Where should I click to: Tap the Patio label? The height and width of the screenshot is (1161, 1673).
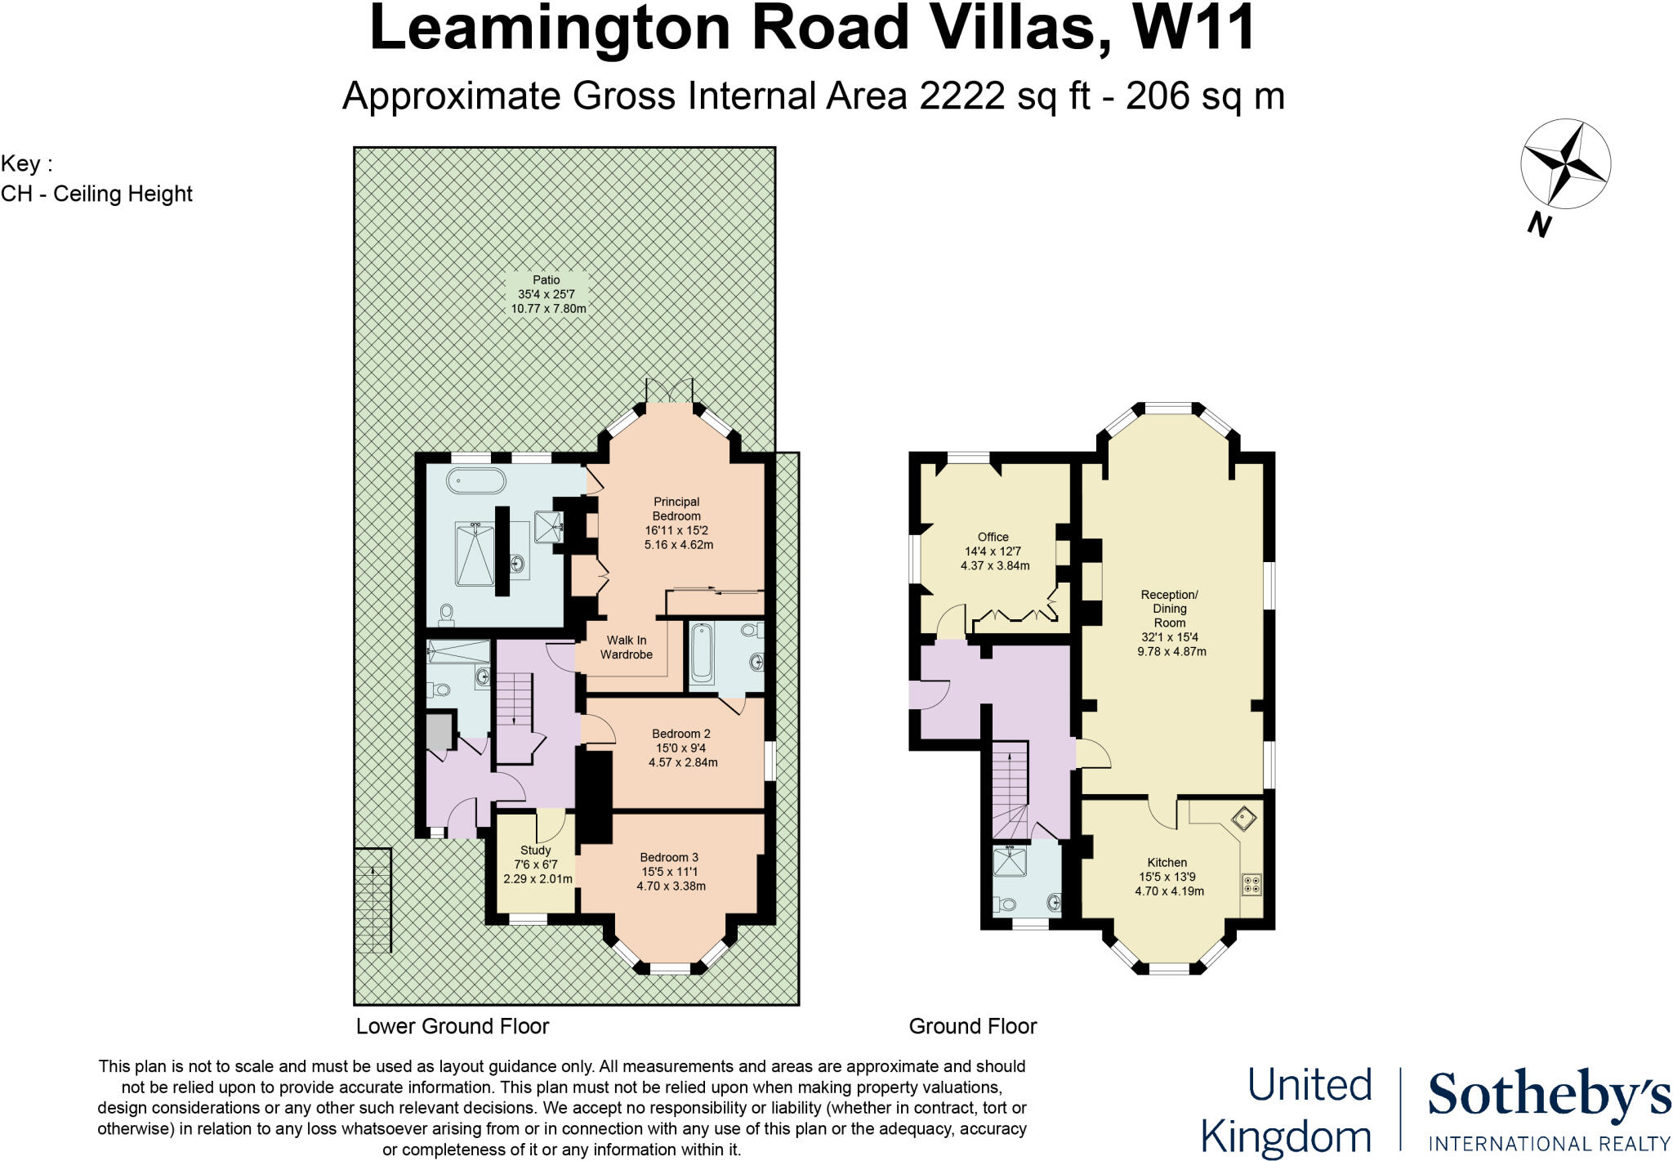[547, 280]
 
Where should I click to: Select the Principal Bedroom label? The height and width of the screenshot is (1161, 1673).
[676, 509]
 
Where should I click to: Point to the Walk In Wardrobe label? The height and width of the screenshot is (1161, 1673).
[627, 647]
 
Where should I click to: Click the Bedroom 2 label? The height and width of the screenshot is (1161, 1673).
[681, 734]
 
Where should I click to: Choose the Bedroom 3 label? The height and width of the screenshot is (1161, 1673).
[669, 857]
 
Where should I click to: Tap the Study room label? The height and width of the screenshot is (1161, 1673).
[536, 851]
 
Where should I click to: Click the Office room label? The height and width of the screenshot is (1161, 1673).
[993, 537]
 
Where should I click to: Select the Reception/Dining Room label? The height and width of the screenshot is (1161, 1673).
[1170, 609]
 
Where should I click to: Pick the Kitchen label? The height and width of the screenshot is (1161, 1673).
[1167, 863]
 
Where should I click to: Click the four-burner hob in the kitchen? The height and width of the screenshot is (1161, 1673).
[1251, 883]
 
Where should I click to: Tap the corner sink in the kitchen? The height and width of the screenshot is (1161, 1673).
[1244, 818]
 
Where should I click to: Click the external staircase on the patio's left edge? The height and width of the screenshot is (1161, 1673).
[373, 900]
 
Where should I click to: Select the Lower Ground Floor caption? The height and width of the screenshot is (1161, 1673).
[453, 1026]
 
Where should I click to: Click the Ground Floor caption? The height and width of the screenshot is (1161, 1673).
[973, 1026]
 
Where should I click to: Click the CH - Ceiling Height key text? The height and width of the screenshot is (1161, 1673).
[96, 194]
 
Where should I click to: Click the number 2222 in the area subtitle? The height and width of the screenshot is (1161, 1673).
[962, 96]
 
